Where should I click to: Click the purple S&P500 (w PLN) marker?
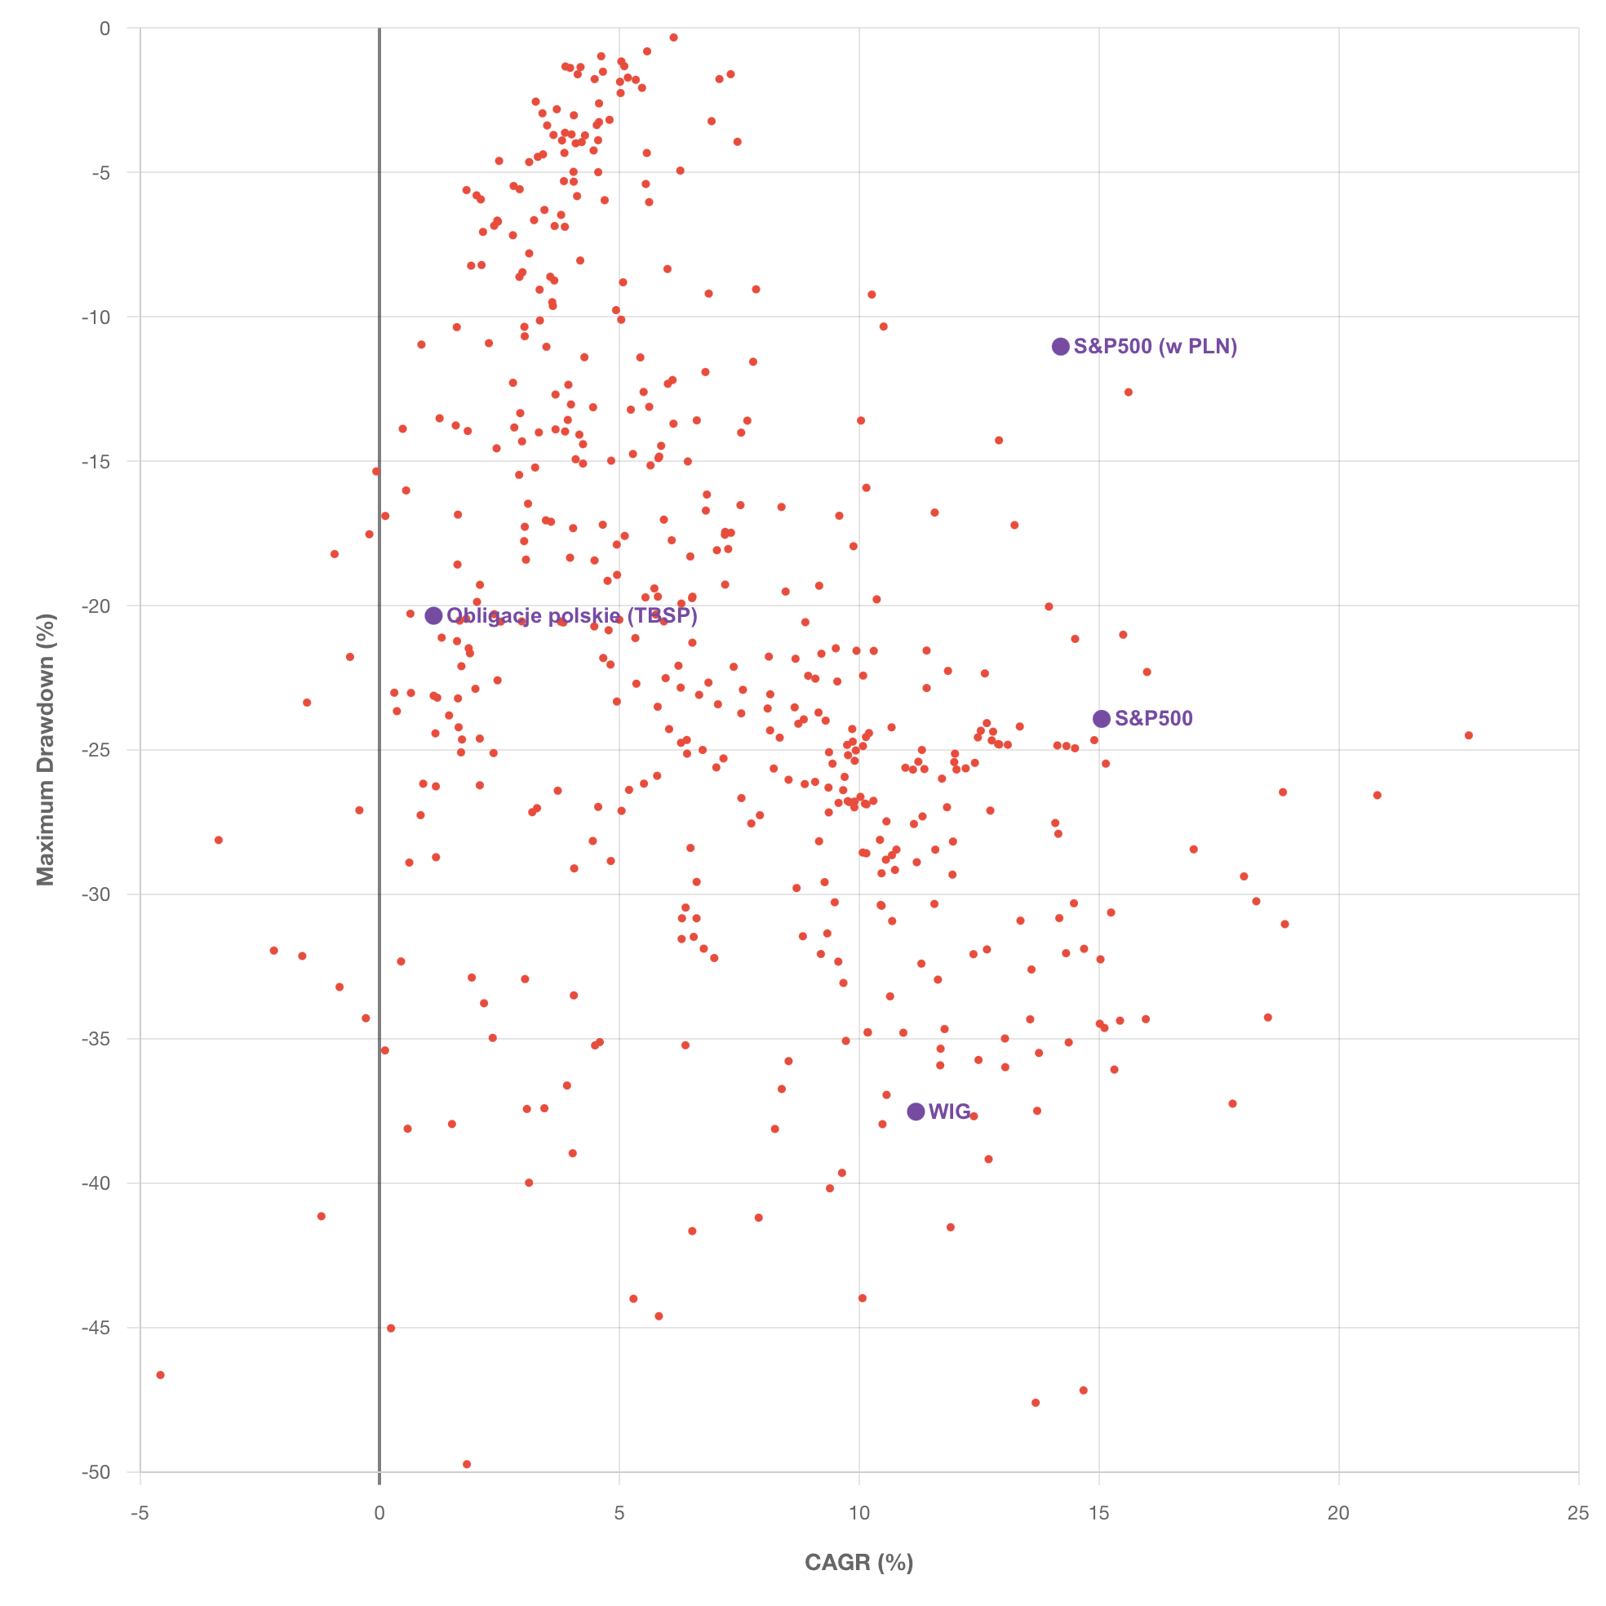1061,347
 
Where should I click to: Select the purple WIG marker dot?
916,1111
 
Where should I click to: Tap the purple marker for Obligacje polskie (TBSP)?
434,616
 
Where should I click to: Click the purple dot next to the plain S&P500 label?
1102,718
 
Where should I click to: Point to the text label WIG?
949,1111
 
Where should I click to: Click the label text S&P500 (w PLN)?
1156,347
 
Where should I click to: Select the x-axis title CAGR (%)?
858,1562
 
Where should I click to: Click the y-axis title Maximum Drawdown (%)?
45,750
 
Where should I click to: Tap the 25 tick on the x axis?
1577,1513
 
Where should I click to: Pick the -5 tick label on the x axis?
140,1513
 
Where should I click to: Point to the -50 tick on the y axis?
96,1472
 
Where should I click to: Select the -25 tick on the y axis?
96,750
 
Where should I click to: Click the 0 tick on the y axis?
104,29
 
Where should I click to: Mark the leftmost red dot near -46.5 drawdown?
161,1375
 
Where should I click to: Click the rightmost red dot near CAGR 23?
1469,735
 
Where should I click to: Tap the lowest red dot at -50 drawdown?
466,1464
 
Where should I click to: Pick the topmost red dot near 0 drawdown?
673,38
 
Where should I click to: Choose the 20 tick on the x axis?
1338,1513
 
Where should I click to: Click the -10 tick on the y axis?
96,317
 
